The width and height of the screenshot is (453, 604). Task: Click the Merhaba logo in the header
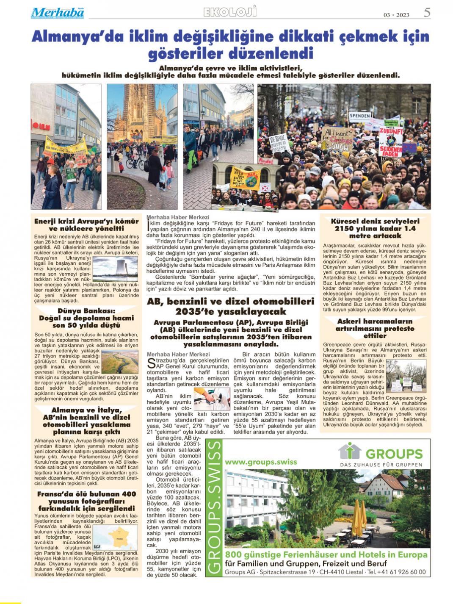[58, 13]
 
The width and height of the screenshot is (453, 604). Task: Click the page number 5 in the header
[427, 13]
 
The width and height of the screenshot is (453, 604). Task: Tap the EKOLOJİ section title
[230, 12]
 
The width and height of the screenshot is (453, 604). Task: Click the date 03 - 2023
[396, 15]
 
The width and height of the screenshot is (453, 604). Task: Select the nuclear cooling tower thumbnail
[115, 269]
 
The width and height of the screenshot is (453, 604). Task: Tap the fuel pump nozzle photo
[212, 398]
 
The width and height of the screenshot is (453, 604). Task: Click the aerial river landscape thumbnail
[120, 362]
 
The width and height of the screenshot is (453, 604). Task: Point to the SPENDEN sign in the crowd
[360, 116]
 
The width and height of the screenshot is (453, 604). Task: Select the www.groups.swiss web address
[261, 462]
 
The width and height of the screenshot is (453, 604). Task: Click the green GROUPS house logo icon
[349, 451]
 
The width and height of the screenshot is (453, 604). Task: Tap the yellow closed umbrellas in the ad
[359, 514]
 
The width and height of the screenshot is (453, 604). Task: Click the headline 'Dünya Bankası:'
[86, 311]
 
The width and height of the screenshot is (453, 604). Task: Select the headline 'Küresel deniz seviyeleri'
[375, 221]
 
